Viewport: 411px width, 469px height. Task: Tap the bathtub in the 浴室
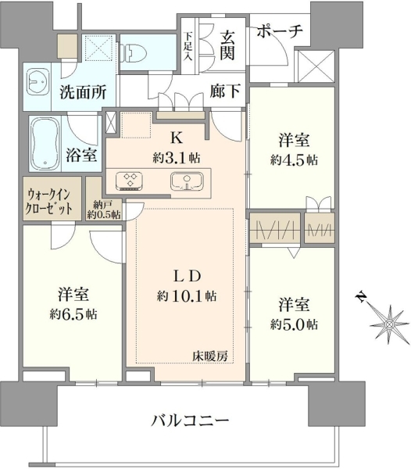click(45, 144)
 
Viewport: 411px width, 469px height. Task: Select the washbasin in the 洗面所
click(38, 81)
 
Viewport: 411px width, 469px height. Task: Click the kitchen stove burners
click(129, 181)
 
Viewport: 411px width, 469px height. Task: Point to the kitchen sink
click(187, 181)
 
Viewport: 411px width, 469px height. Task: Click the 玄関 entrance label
click(227, 46)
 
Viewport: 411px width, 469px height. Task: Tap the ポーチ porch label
click(280, 30)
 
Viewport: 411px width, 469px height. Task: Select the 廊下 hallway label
click(225, 91)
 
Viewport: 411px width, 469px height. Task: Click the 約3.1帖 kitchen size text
click(177, 158)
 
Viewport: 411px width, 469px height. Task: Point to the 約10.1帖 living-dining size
click(187, 296)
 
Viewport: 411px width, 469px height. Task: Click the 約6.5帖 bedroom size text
click(73, 314)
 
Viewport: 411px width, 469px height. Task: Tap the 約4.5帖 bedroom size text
click(294, 160)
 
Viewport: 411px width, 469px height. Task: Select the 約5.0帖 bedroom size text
click(294, 324)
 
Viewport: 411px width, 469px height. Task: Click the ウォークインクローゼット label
click(48, 202)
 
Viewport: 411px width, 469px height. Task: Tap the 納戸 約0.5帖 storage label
click(104, 209)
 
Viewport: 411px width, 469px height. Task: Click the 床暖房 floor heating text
click(210, 356)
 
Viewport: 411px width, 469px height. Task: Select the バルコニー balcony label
click(190, 421)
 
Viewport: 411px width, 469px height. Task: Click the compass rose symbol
click(389, 324)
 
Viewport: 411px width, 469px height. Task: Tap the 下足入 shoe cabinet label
click(188, 46)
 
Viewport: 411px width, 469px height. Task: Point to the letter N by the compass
click(361, 296)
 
